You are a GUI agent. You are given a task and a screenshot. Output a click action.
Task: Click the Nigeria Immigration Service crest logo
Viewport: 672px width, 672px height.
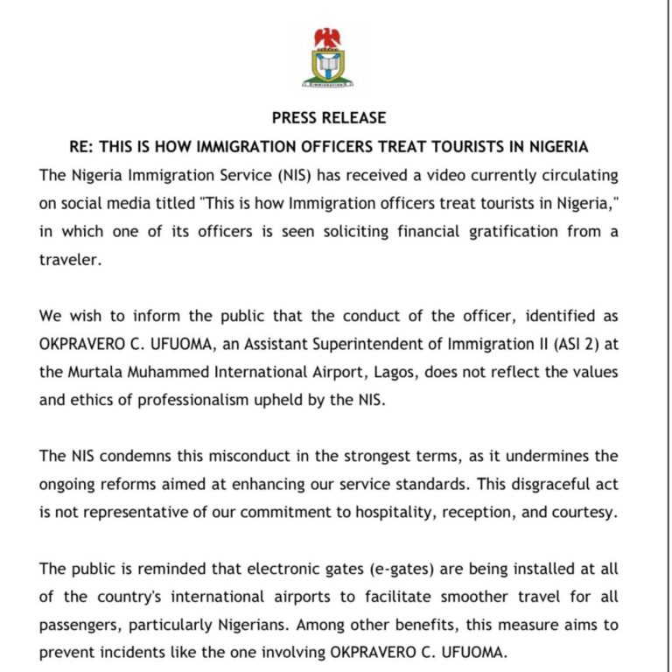tap(328, 58)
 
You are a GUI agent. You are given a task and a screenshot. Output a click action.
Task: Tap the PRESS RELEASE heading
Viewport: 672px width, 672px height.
tap(328, 118)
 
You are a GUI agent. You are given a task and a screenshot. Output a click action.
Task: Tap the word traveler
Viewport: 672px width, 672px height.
tap(71, 259)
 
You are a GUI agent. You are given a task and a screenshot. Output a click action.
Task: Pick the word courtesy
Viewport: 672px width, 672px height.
tap(586, 513)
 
